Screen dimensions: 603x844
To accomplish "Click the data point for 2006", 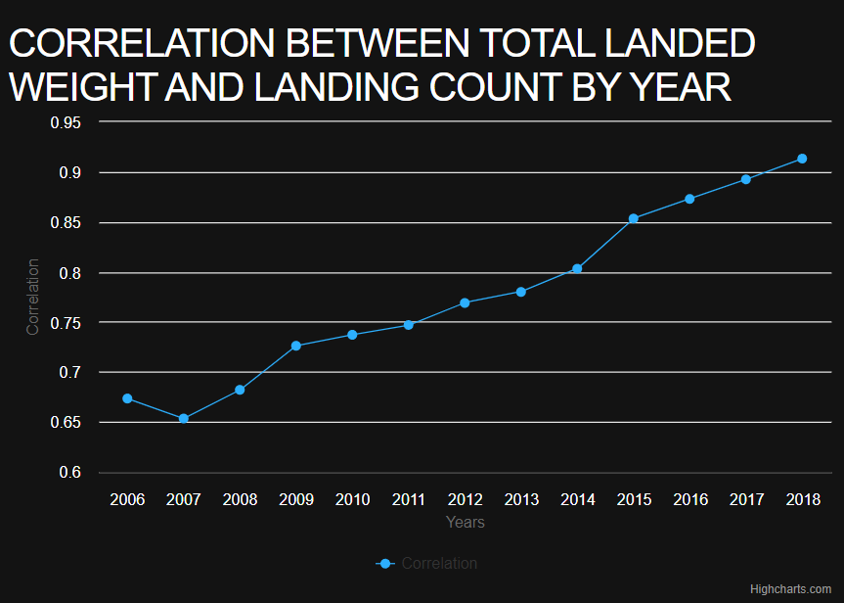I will click(127, 398).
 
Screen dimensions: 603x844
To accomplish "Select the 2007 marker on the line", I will click(184, 419).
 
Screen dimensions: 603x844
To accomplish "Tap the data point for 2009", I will click(296, 346).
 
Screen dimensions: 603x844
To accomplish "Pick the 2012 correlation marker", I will click(465, 302).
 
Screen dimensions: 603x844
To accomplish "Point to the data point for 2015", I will click(634, 218).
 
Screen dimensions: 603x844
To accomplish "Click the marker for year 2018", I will click(802, 159).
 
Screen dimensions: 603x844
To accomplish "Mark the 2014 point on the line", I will click(577, 268).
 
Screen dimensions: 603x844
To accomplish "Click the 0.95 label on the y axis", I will click(66, 122).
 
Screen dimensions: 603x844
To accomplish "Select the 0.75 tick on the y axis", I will click(66, 323).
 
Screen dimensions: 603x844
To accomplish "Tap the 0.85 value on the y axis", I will click(66, 223).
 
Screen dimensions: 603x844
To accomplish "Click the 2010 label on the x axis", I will click(352, 499).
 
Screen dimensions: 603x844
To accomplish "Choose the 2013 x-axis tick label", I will click(521, 499).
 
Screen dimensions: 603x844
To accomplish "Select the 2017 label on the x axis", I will click(746, 499).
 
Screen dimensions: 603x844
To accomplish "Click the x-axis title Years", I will click(466, 523).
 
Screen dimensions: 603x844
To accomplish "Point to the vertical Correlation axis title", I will click(33, 297).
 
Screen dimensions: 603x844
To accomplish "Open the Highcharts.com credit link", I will click(790, 589).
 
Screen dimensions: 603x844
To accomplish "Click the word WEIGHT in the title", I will click(77, 87).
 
